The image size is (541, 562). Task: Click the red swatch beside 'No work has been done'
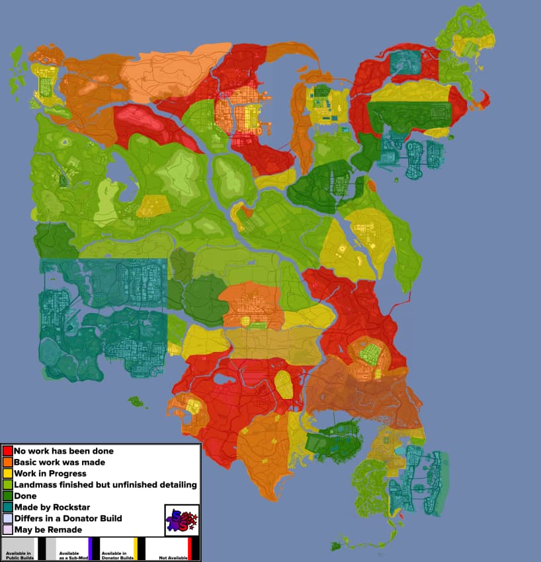click(x=8, y=451)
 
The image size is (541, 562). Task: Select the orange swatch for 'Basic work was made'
click(x=8, y=462)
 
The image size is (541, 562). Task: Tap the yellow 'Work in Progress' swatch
click(x=8, y=474)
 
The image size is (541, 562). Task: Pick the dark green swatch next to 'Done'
click(x=8, y=496)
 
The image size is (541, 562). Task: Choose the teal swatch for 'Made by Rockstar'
click(x=8, y=507)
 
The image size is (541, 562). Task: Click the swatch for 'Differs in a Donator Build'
click(x=8, y=518)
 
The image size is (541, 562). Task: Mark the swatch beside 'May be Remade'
click(x=8, y=530)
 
